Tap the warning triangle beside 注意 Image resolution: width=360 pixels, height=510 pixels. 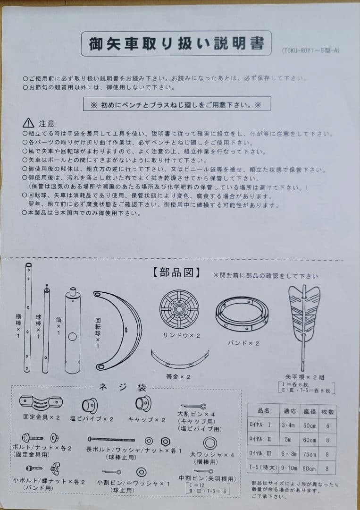point(28,123)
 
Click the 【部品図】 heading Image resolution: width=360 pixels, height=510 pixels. point(176,273)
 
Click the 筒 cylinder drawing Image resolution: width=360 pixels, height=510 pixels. point(73,331)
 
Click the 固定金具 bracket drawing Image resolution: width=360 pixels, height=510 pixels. point(41,403)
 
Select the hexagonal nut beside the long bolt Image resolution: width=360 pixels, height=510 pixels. point(166,441)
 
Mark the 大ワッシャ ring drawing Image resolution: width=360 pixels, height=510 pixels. point(210,443)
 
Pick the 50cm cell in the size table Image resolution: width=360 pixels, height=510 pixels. point(308,425)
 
